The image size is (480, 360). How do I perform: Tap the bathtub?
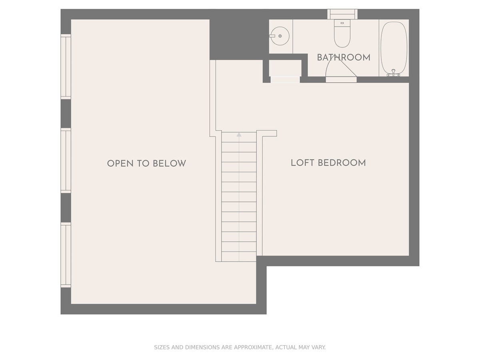pos(394,49)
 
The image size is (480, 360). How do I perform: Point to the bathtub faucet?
pos(394,73)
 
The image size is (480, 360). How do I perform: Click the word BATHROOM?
pos(344,58)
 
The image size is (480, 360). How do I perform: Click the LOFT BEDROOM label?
pos(328,163)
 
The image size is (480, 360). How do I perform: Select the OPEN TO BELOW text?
pos(146,164)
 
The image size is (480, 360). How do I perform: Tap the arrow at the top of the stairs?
pos(239,135)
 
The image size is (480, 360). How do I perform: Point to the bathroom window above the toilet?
pos(342,14)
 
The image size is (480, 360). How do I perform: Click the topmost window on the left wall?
pos(66,66)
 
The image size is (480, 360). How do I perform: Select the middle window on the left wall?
pos(66,161)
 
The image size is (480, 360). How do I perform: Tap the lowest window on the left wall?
pos(66,255)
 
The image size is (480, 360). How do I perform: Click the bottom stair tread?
pos(239,256)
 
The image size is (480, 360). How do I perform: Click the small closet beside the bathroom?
pos(285,68)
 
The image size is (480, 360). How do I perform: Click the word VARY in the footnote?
pos(319,347)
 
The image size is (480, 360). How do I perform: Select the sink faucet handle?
pos(272,36)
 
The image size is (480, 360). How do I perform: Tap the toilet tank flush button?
pos(342,23)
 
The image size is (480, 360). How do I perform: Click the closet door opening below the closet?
pos(285,80)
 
